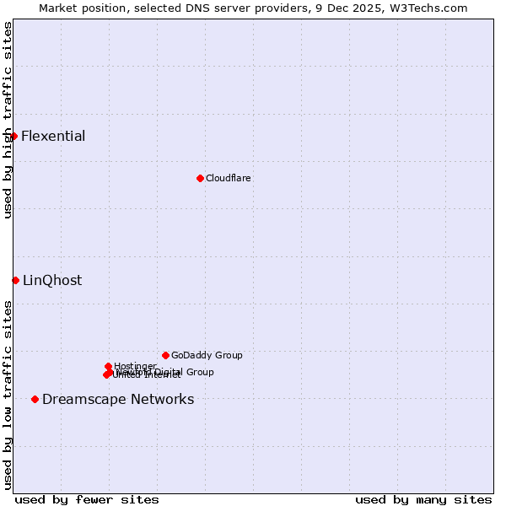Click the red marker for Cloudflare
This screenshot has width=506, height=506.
click(200, 178)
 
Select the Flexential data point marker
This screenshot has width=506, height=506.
click(13, 136)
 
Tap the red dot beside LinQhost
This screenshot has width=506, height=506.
click(15, 280)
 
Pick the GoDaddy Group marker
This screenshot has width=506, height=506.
click(165, 355)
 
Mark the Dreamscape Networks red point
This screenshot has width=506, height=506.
click(35, 399)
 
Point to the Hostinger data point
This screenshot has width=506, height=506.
click(109, 366)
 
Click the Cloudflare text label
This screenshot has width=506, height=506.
click(229, 178)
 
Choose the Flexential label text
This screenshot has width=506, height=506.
click(53, 136)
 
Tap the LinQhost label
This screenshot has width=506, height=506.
click(52, 281)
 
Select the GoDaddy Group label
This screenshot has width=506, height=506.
click(207, 355)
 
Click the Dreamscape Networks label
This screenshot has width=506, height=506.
click(118, 399)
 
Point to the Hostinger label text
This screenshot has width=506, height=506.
click(136, 365)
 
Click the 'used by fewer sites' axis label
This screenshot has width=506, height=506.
click(87, 499)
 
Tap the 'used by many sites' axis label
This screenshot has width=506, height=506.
click(423, 499)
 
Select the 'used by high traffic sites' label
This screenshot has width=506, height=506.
click(8, 120)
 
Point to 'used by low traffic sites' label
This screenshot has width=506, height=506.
click(8, 395)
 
